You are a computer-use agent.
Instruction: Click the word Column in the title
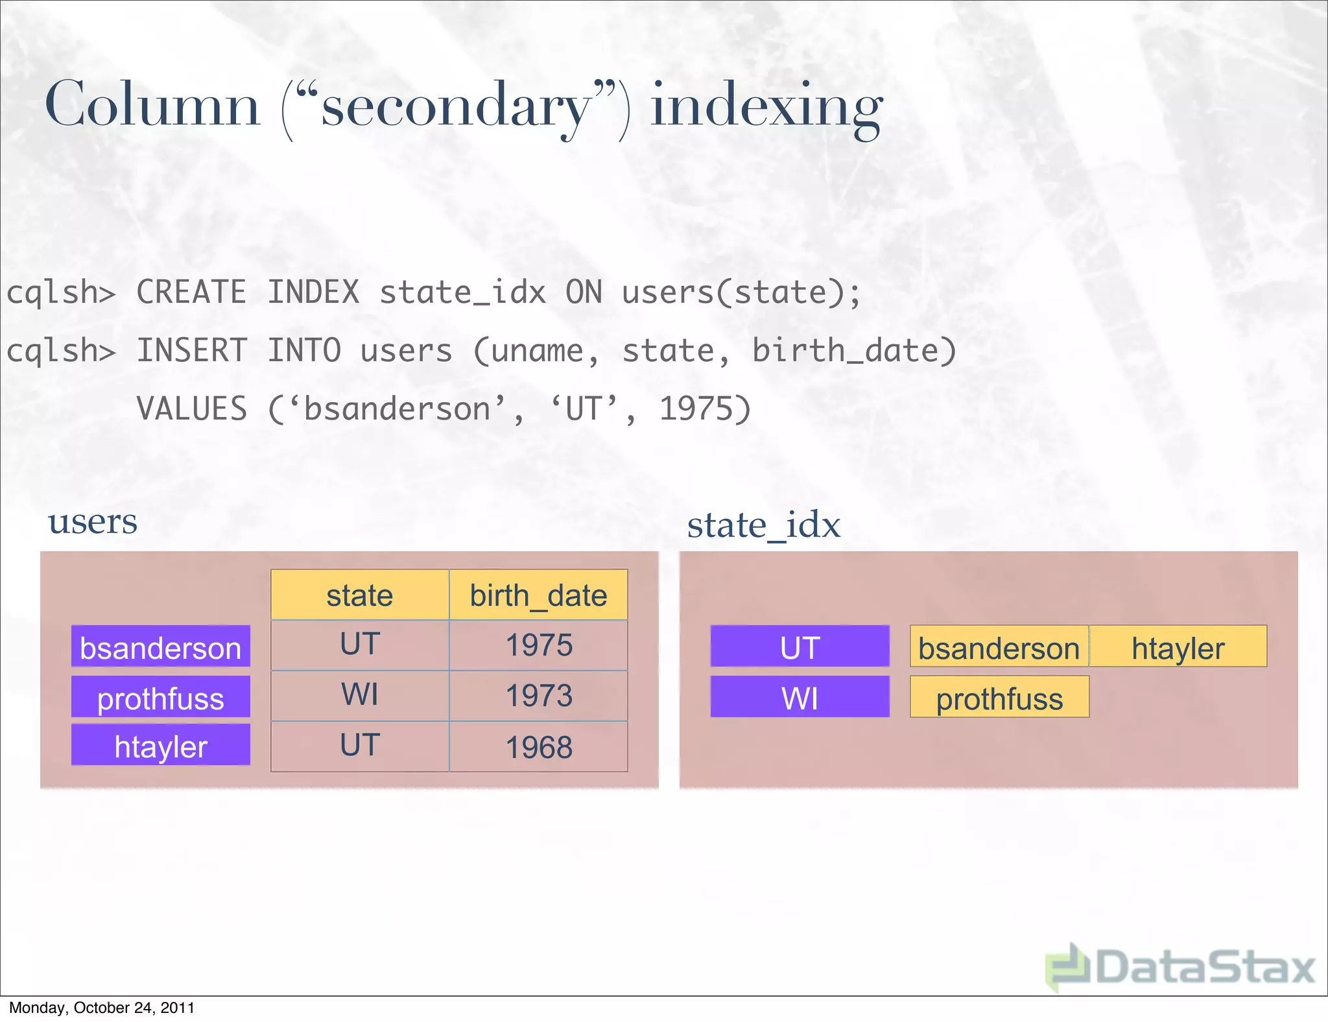point(152,105)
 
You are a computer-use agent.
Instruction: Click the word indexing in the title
point(766,107)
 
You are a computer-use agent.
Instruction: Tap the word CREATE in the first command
point(191,292)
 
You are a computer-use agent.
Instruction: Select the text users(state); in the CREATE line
point(741,292)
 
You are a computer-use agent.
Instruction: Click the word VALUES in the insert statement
point(192,409)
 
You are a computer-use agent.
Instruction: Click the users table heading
point(93,521)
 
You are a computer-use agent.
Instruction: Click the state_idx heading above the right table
point(763,525)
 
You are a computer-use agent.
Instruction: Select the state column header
point(360,595)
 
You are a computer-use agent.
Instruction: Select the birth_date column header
point(538,595)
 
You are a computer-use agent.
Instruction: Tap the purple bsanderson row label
point(161,647)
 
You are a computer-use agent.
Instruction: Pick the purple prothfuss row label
point(161,697)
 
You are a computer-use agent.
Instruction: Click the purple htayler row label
point(161,745)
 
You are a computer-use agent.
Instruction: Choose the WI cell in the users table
point(360,695)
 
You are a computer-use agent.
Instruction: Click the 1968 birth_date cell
point(538,747)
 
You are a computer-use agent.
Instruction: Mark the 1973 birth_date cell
point(538,696)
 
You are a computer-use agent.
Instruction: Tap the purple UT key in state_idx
point(800,647)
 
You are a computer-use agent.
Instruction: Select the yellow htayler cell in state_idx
point(1178,647)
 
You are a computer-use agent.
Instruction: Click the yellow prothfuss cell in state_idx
point(999,698)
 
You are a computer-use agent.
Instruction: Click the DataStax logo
point(1180,967)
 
